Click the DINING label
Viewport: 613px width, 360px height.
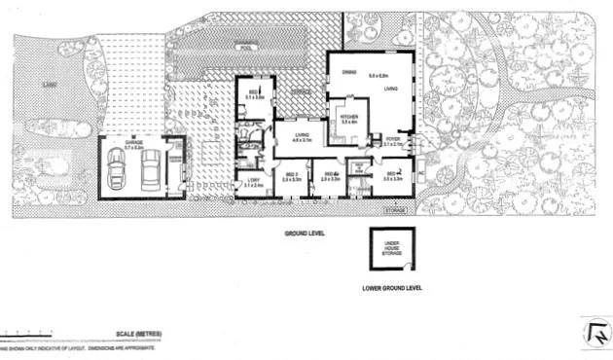[x=346, y=72]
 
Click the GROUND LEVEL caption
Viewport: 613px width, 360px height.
[x=304, y=234]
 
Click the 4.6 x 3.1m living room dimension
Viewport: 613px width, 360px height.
[x=302, y=141]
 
